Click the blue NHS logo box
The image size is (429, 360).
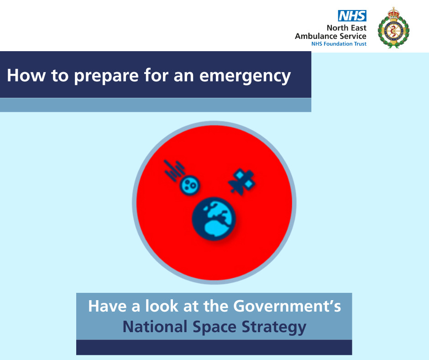point(352,16)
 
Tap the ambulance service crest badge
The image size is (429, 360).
point(393,28)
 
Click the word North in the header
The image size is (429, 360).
point(337,28)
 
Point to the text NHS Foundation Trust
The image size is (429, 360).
point(339,44)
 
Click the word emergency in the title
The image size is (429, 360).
point(245,76)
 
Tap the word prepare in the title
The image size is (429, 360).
point(106,76)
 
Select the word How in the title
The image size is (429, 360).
point(26,75)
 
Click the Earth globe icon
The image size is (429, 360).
point(214,219)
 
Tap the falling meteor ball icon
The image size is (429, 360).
point(189,185)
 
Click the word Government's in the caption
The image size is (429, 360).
point(287,306)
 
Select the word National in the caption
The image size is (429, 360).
point(155,327)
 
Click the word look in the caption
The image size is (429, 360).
point(162,306)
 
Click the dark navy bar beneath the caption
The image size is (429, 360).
point(214,347)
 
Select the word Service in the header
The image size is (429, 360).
point(353,36)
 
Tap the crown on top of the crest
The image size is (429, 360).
point(393,13)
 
